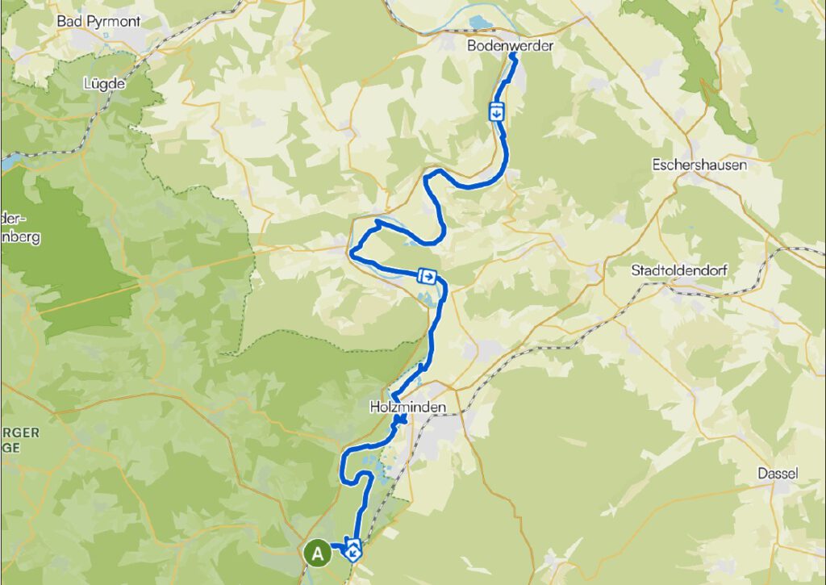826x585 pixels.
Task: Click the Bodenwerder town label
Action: tap(511, 46)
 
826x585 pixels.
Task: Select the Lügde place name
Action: tap(101, 82)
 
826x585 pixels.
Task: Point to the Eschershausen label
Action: tap(699, 165)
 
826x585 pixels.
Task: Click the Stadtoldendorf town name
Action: tap(680, 270)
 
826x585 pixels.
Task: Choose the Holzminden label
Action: tap(408, 408)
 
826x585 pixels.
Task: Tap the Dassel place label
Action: tap(778, 474)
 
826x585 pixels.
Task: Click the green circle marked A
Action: tap(318, 554)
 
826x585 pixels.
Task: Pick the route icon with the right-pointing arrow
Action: tap(428, 277)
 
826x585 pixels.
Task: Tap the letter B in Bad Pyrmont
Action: tap(61, 20)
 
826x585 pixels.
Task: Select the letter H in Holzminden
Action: tap(375, 408)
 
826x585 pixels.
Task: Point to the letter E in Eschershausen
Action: tap(655, 165)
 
